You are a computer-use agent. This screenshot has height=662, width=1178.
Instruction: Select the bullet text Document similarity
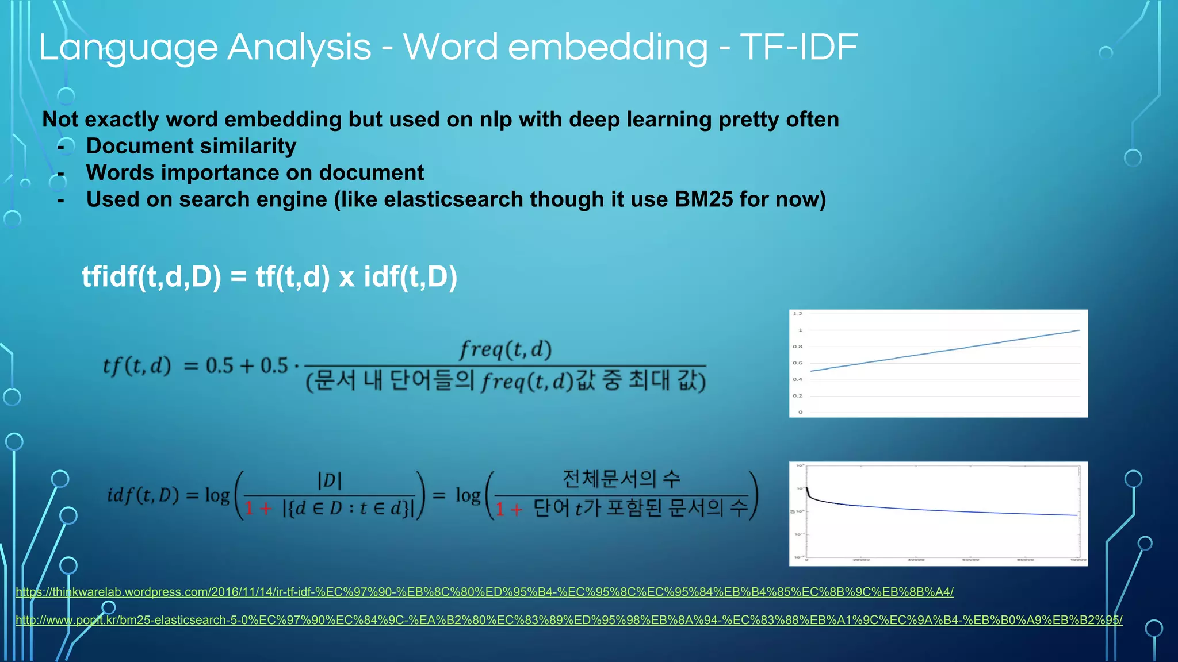[191, 146]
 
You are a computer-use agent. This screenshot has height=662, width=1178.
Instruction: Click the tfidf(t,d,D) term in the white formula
[151, 277]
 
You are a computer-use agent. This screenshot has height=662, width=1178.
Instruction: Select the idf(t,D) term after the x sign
[410, 277]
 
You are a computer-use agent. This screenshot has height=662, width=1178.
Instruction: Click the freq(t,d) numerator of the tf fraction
[505, 349]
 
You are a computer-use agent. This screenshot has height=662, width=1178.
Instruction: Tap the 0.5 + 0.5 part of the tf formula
[247, 365]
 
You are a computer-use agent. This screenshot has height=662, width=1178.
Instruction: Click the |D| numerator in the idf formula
[330, 480]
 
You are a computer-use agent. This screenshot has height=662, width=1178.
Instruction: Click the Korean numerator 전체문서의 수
[621, 478]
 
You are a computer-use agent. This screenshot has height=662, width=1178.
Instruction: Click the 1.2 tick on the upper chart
[797, 314]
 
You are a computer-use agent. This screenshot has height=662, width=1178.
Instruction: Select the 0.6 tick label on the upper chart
[797, 363]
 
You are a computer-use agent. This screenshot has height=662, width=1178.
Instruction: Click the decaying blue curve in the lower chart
[943, 510]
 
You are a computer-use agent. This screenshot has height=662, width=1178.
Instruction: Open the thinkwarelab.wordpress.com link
[483, 592]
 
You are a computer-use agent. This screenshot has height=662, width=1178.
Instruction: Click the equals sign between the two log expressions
[439, 495]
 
